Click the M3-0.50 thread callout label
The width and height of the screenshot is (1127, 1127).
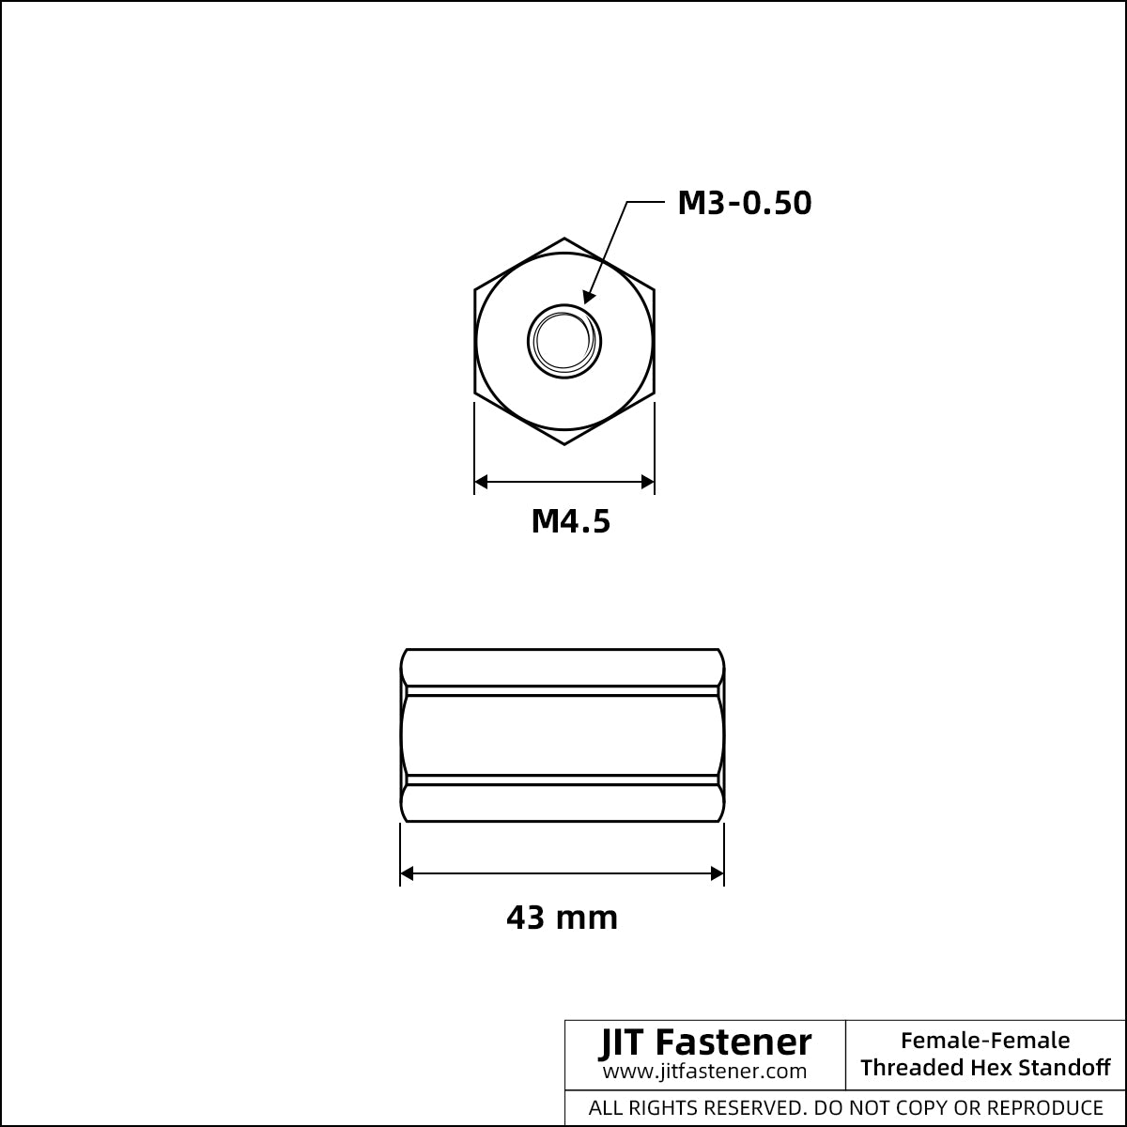pyautogui.click(x=745, y=203)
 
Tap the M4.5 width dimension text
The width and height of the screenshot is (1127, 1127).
pyautogui.click(x=571, y=521)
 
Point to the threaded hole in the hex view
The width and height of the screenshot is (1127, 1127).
pyautogui.click(x=564, y=342)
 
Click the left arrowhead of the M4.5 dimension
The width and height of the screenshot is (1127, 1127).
pyautogui.click(x=481, y=482)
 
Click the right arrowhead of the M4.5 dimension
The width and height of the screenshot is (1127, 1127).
pyautogui.click(x=647, y=482)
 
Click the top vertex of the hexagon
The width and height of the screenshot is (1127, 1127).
pyautogui.click(x=564, y=238)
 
